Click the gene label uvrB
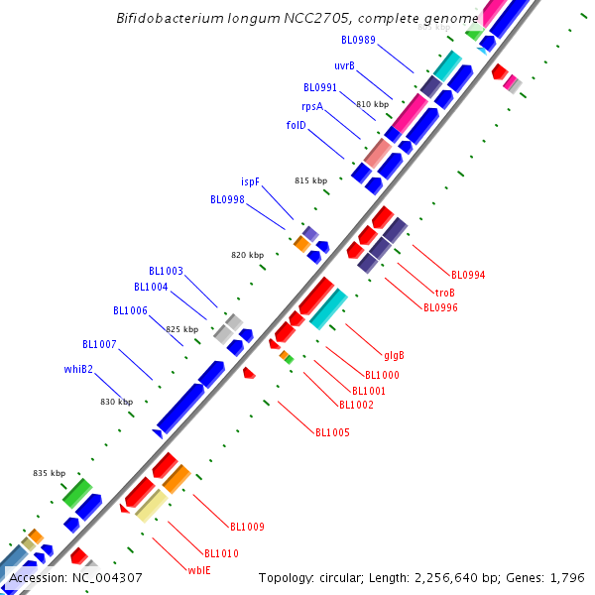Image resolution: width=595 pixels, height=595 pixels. tap(344, 66)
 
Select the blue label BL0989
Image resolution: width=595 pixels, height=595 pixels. tap(358, 40)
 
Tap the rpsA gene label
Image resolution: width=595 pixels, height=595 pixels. tap(312, 106)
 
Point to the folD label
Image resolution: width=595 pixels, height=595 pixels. tap(297, 125)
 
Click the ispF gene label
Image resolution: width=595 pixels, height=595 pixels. tap(250, 181)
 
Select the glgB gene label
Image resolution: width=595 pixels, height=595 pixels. tap(394, 355)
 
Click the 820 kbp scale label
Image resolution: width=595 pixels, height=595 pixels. tap(248, 255)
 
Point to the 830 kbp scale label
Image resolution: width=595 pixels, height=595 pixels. tap(116, 402)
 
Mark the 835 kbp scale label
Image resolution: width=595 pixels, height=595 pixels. tap(49, 473)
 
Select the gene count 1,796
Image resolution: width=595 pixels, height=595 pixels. tap(569, 577)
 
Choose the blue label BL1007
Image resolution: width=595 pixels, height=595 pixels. tap(99, 344)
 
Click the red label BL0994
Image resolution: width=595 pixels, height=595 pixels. tap(468, 275)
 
